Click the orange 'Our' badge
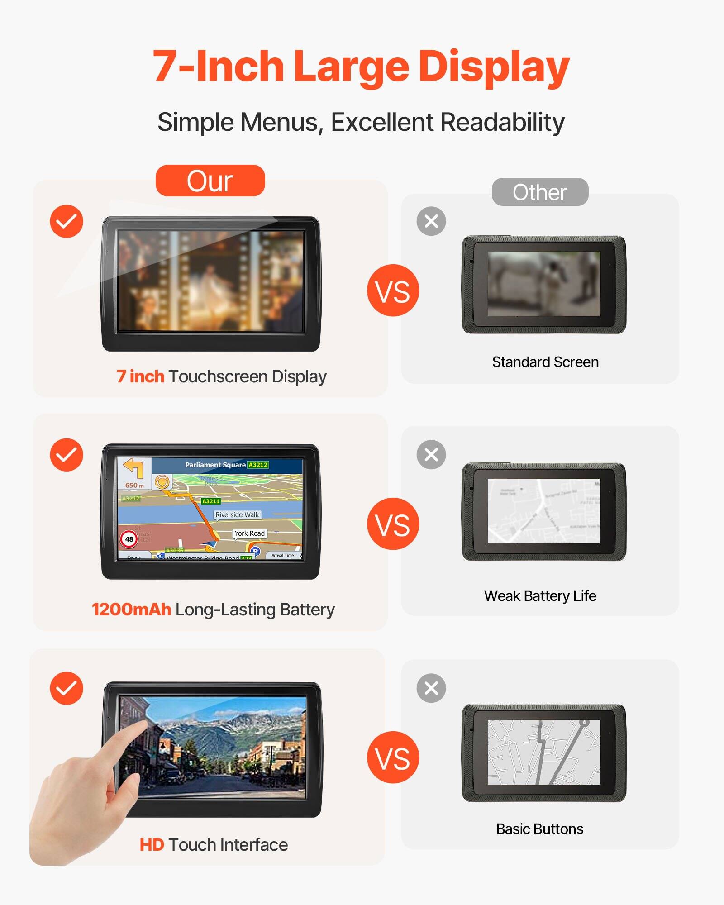210,181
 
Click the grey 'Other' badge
540,192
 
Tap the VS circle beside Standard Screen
393,291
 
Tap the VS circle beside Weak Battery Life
393,524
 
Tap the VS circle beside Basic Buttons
393,757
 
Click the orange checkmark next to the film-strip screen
67,221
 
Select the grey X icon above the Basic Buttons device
431,688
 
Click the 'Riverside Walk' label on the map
237,515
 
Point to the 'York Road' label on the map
249,533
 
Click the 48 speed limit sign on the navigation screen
129,539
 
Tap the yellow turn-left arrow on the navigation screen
134,468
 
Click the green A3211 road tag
211,501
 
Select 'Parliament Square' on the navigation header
215,465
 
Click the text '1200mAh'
131,610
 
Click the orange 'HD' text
152,845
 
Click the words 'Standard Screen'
545,362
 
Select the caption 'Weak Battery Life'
540,596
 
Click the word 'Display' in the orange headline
493,67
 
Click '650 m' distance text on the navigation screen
134,486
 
